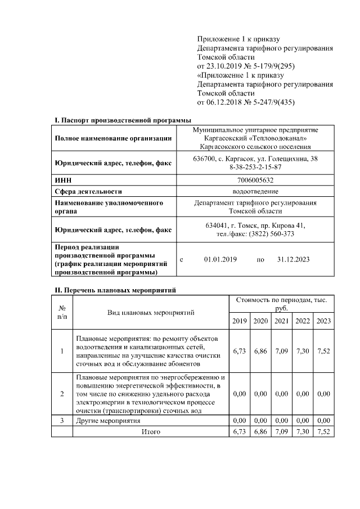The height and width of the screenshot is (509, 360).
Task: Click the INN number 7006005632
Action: click(255, 180)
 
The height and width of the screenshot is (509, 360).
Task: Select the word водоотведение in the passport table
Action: click(255, 191)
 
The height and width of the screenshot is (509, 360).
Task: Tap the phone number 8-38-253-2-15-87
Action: click(255, 167)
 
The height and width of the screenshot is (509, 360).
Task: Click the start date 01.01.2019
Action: click(220, 260)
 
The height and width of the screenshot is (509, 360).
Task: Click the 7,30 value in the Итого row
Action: click(302, 431)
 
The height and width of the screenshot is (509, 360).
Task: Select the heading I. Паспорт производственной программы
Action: click(122, 120)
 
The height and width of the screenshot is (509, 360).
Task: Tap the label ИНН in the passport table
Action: click(62, 180)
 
